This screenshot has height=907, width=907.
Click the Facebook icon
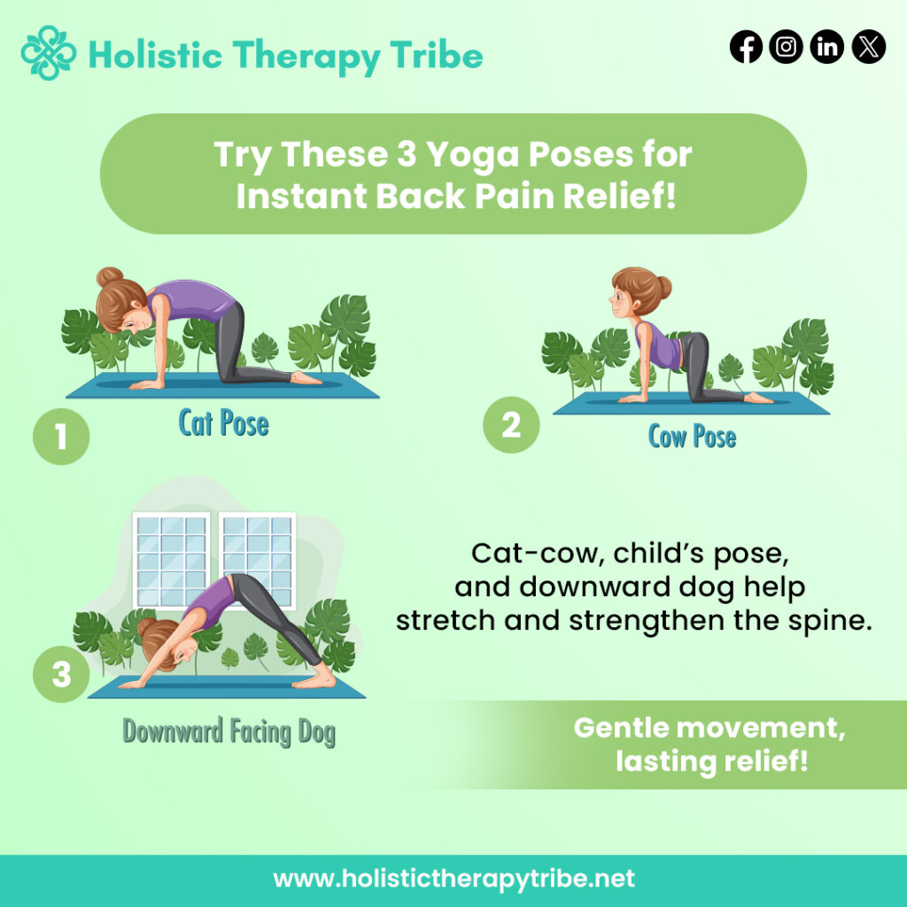click(746, 47)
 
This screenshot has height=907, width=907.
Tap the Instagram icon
click(787, 47)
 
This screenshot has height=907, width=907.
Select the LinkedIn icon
click(827, 47)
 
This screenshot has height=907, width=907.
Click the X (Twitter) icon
click(868, 47)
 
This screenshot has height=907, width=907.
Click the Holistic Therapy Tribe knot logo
click(49, 54)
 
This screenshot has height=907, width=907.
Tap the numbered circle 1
click(60, 435)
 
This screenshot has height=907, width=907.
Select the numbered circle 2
click(511, 427)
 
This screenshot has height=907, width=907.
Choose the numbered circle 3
click(60, 675)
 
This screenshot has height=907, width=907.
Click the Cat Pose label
click(223, 423)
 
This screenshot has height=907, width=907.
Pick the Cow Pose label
click(692, 436)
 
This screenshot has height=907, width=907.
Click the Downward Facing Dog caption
click(229, 733)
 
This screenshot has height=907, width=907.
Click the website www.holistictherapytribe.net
click(453, 880)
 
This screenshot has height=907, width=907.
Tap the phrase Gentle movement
click(709, 728)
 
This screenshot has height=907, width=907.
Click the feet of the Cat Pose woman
click(306, 378)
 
